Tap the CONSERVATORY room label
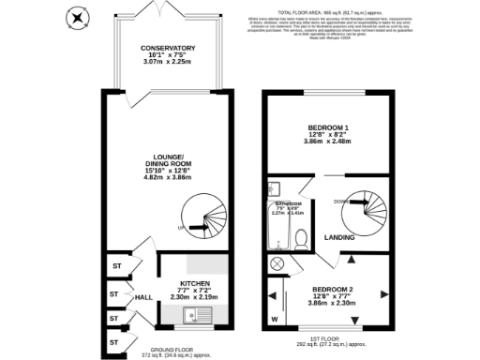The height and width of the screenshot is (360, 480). tap(168, 48)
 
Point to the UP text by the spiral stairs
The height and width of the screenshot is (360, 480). tap(180, 228)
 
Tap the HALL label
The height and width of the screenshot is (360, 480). tap(143, 296)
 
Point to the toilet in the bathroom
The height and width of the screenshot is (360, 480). tap(301, 241)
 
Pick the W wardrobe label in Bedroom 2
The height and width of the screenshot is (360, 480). tap(275, 320)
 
